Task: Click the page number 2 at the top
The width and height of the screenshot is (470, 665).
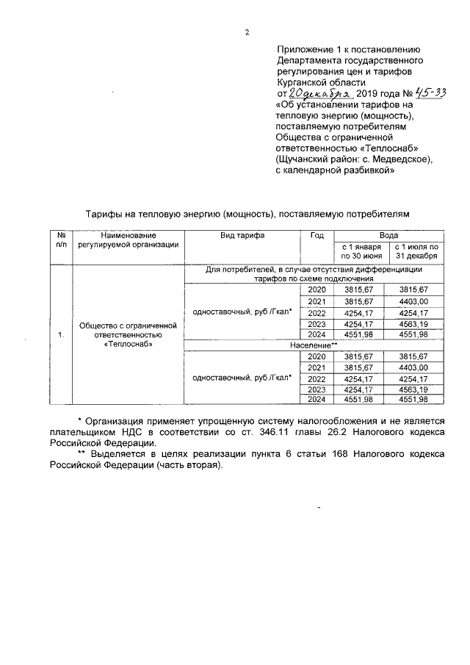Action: coord(247,32)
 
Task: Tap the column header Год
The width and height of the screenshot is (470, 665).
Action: coord(317,235)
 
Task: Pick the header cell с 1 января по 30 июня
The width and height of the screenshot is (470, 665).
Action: coord(359,251)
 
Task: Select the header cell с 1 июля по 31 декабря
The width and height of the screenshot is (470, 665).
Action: coord(416,251)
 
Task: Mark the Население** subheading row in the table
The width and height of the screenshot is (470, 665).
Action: coord(313,344)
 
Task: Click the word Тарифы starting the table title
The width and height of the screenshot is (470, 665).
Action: coord(104,213)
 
